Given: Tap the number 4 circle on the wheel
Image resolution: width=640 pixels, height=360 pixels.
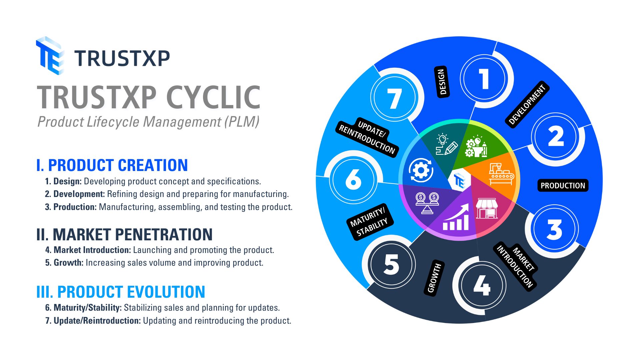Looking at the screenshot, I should [482, 285].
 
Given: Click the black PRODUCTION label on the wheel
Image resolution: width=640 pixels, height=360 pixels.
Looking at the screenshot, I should [563, 186].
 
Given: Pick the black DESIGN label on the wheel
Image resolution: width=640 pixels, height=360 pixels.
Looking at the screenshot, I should [442, 82].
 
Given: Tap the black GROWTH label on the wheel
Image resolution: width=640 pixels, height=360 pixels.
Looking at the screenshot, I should [434, 278].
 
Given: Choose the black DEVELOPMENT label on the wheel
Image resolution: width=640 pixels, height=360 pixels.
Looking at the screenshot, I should [527, 104].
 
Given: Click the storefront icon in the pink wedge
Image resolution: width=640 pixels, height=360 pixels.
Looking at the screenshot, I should [487, 209].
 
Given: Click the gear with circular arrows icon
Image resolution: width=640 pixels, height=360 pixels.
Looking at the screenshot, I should [421, 170].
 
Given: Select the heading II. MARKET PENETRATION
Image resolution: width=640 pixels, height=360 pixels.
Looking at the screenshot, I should [124, 235].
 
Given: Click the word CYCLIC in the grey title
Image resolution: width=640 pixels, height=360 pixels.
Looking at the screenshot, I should [213, 97].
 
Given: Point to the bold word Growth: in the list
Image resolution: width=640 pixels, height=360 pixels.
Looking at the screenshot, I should [68, 263].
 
